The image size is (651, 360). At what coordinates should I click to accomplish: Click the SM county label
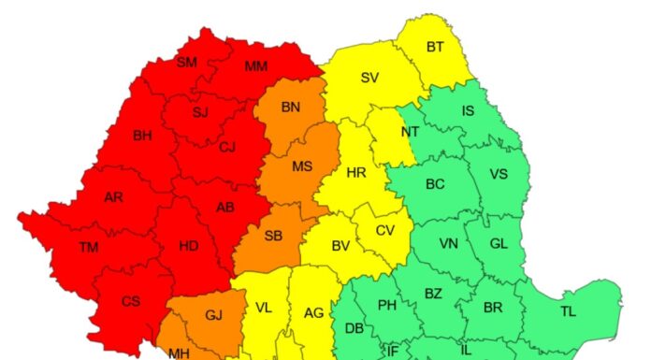187,63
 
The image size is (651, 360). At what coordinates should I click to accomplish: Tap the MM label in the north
255,66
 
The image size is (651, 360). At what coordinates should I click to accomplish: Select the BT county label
435,47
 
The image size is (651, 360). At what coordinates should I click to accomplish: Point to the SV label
370,78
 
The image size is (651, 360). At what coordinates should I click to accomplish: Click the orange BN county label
291,108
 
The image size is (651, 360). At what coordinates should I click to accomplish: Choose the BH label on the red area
142,136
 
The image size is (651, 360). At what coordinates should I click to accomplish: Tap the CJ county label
227,147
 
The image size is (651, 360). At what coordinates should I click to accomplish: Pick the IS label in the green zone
468,111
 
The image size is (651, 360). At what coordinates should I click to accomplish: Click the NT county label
410,132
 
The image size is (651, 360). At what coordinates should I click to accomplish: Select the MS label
301,166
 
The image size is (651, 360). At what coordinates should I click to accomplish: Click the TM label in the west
89,247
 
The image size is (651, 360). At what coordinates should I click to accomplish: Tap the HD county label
188,247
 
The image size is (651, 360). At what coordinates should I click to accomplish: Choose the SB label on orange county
272,236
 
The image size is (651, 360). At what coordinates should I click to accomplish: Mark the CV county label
385,231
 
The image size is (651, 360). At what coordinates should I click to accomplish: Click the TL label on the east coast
569,311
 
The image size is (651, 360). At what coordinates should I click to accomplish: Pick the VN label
449,244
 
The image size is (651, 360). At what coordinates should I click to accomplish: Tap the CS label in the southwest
131,301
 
